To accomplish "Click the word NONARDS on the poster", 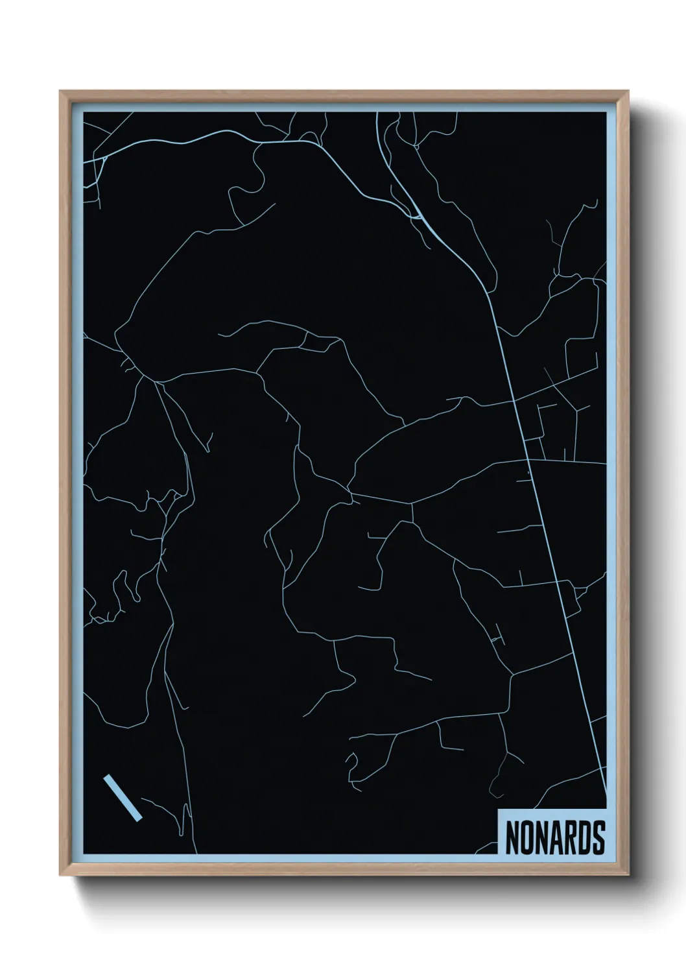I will [x=554, y=838].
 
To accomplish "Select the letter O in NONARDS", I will [x=525, y=838].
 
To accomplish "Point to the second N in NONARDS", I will [x=540, y=838].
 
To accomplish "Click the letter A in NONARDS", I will [x=555, y=838].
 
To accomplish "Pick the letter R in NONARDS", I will [x=570, y=838].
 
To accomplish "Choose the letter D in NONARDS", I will [x=584, y=838].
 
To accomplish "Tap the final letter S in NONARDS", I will [x=598, y=838].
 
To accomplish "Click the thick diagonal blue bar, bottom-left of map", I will [x=122, y=797].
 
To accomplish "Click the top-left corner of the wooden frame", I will [x=62, y=93].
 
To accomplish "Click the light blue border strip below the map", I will [x=292, y=858].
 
